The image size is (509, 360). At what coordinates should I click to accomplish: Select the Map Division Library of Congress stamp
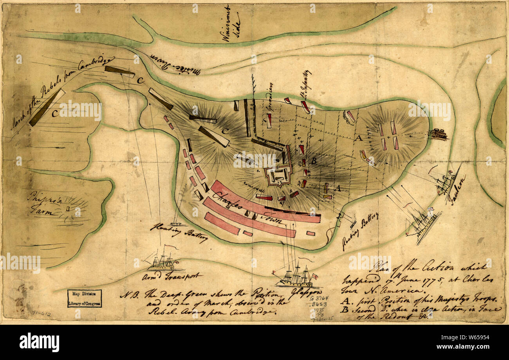coord(84,298)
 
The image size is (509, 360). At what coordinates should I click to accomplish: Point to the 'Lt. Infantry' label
coord(307,85)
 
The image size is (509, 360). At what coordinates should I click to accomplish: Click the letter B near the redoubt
coord(313,160)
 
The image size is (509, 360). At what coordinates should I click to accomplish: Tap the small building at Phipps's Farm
coord(68,209)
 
